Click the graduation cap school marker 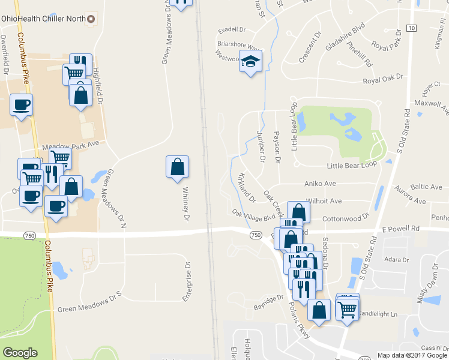251,61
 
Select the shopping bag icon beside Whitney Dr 177,167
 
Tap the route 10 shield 411,28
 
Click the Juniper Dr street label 261,146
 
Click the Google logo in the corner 20,352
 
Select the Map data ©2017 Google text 412,355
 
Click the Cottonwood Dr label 346,220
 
